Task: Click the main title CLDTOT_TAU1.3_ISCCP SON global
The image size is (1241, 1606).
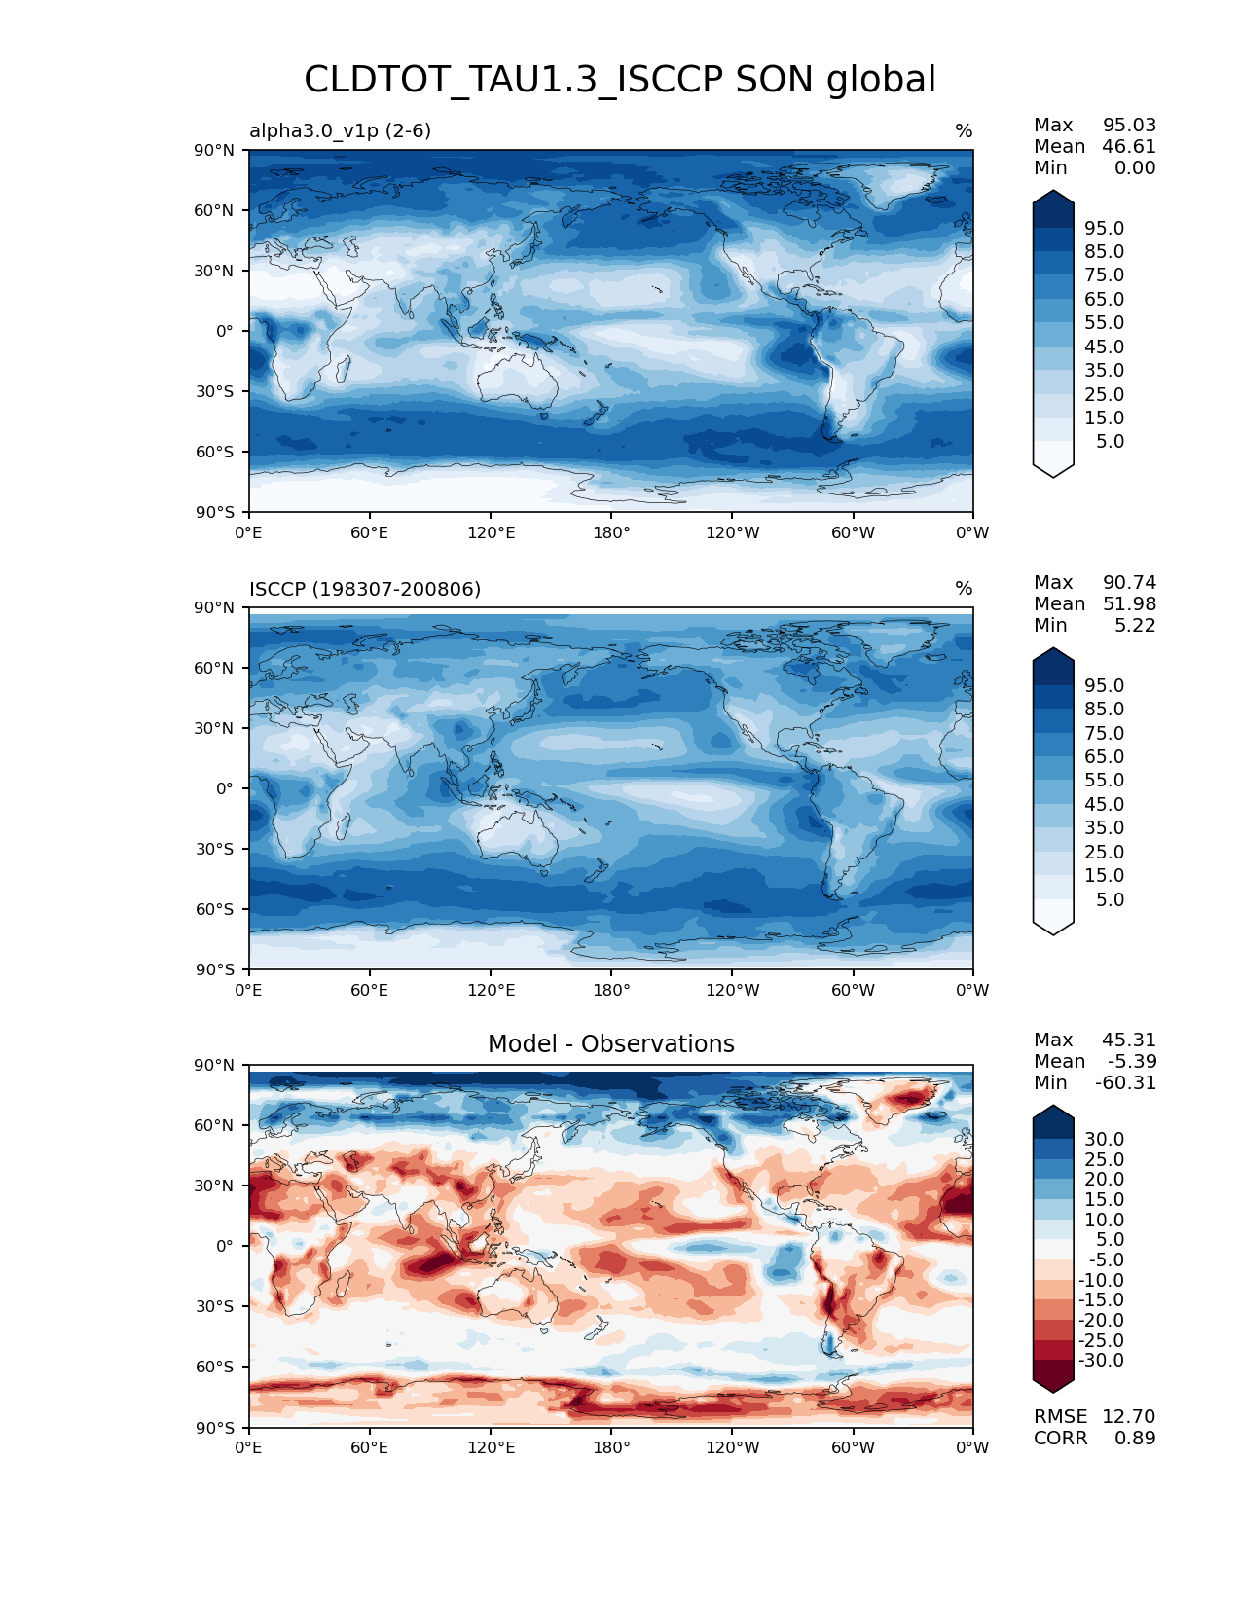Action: pyautogui.click(x=620, y=80)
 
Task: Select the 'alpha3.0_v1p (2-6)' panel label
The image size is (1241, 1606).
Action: pyautogui.click(x=340, y=130)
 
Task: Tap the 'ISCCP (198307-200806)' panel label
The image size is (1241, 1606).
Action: pyautogui.click(x=365, y=589)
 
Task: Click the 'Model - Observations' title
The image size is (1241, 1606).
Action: pyautogui.click(x=610, y=1044)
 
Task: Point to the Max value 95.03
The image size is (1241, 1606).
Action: pyautogui.click(x=1129, y=125)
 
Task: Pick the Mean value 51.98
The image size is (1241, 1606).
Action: pyautogui.click(x=1129, y=603)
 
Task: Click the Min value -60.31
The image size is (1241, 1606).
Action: pyautogui.click(x=1126, y=1082)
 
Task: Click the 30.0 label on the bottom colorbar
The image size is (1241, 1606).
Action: pyautogui.click(x=1104, y=1139)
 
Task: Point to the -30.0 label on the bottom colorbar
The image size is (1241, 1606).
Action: pyautogui.click(x=1101, y=1360)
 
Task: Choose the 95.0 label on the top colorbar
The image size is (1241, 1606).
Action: pyautogui.click(x=1104, y=228)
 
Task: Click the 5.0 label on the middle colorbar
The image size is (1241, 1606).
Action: pyautogui.click(x=1110, y=899)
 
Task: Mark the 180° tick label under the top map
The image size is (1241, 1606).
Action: pyautogui.click(x=611, y=532)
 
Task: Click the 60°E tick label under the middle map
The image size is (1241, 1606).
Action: pyautogui.click(x=370, y=990)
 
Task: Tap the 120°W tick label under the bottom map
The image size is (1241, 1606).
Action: pyautogui.click(x=733, y=1447)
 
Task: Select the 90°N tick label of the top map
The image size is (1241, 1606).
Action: pyautogui.click(x=214, y=150)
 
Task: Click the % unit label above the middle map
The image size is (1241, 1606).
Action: pyautogui.click(x=964, y=589)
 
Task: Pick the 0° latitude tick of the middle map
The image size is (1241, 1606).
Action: pyautogui.click(x=225, y=788)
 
